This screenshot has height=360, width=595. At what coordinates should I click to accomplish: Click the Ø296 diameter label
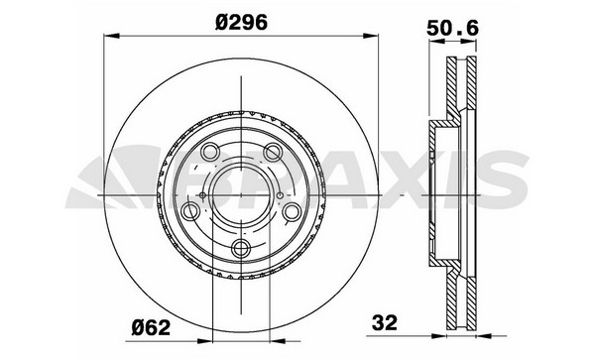tap(241, 23)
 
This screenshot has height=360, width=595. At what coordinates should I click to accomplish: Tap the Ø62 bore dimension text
tap(151, 327)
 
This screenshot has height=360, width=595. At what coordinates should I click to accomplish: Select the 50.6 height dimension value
tap(453, 28)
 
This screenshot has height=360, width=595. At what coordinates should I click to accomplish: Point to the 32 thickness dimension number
tap(385, 323)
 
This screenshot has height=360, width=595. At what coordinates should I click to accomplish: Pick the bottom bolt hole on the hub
tap(241, 249)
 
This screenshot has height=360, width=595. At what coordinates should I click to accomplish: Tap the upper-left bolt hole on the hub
tap(210, 153)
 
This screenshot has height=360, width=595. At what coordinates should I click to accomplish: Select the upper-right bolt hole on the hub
tap(273, 153)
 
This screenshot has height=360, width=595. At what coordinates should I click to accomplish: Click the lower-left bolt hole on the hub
tap(190, 211)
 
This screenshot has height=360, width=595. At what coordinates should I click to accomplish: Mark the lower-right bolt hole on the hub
tap(293, 211)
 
